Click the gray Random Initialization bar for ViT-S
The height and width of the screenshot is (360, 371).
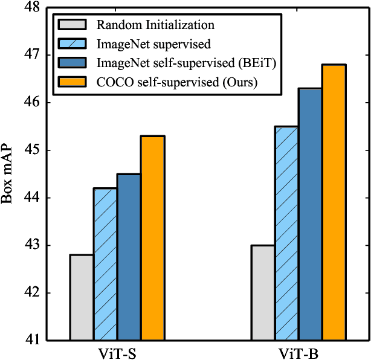82,297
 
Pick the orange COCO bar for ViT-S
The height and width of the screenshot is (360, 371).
153,238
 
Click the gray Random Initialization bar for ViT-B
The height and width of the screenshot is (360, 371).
263,292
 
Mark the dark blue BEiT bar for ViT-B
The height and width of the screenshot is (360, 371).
310,214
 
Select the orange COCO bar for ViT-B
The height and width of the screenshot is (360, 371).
334,202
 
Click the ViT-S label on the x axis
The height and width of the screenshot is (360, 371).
117,352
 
